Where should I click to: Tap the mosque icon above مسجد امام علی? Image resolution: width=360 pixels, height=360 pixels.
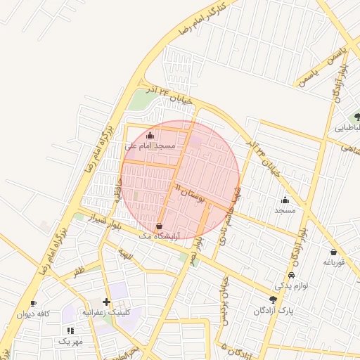click(149, 135)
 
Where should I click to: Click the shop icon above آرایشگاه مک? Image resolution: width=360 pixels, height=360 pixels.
click(160, 226)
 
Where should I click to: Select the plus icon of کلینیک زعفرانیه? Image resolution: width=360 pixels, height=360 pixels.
click(107, 302)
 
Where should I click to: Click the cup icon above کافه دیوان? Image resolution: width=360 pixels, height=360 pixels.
click(33, 304)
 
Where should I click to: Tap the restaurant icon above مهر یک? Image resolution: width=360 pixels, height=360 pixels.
click(70, 330)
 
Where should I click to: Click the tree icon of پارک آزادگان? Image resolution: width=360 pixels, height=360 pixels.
click(274, 300)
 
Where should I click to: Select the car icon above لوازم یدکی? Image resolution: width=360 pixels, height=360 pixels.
click(291, 276)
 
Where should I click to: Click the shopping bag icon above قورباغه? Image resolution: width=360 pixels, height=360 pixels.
click(333, 252)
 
